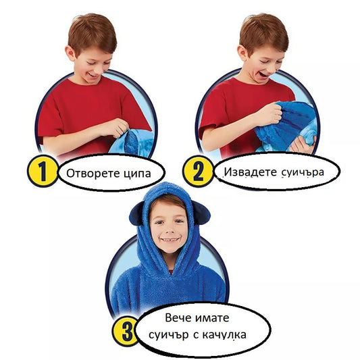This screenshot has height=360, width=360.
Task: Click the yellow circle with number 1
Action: pos(43,171)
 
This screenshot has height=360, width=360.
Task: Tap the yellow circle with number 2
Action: pos(199,171)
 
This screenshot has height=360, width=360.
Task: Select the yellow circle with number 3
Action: pos(126,330)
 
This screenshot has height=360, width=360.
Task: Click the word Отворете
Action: pos(93,174)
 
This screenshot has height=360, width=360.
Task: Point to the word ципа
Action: pos(137,174)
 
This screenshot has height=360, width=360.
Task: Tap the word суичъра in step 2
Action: pos(303,172)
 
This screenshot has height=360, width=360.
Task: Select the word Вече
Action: pos(178,318)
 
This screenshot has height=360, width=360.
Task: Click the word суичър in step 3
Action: pos(169,336)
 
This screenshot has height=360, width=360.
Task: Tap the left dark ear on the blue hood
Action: pos(137,213)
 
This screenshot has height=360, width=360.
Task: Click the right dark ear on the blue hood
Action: pos(201,212)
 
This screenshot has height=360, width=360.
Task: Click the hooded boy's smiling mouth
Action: pos(170,240)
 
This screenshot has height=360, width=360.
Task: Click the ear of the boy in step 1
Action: pos(70,53)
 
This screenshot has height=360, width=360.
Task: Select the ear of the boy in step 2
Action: pos(242,53)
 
